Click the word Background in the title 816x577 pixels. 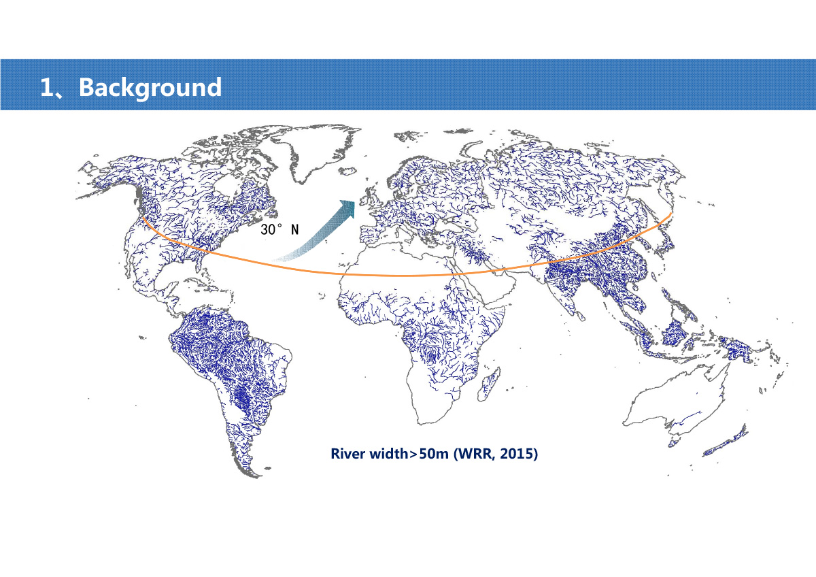(150, 88)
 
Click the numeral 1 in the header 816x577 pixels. (47, 88)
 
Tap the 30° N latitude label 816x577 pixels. (279, 229)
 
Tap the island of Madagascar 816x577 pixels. (489, 384)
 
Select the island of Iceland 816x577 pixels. (347, 171)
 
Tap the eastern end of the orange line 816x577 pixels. (670, 214)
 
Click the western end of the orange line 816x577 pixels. (143, 218)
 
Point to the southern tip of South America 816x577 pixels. (258, 476)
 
